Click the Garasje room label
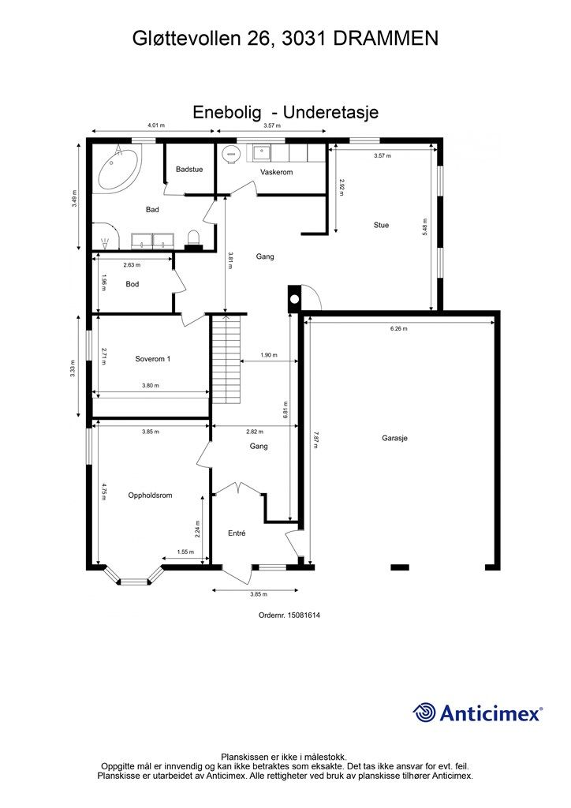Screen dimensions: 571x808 point(394,438)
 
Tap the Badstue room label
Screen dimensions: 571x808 point(189,169)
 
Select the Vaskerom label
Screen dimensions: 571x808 point(277,172)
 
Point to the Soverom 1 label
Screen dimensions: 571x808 point(152,359)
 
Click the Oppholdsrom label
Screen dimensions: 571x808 point(150,496)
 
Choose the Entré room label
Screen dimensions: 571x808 point(237,533)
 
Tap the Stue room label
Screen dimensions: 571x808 point(381,225)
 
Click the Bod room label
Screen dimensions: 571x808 point(132,284)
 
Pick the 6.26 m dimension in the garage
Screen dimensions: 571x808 point(399,328)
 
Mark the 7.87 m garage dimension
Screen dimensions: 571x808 point(316,440)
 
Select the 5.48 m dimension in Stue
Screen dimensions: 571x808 point(425,227)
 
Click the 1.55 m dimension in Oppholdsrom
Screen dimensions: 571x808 point(185,552)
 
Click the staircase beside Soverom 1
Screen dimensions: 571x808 point(226,359)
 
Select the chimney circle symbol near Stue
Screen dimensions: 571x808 point(294,299)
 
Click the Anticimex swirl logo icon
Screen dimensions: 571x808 point(424,713)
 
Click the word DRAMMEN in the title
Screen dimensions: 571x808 point(386,39)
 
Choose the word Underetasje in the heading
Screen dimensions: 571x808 point(331,112)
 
